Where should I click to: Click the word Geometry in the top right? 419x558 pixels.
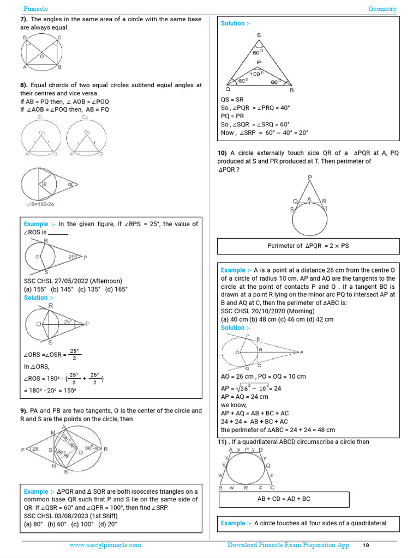[382, 9]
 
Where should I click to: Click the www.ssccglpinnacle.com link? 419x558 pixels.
[105, 545]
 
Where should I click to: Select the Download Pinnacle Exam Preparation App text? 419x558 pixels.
[288, 545]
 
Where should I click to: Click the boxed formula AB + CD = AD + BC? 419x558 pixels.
[283, 499]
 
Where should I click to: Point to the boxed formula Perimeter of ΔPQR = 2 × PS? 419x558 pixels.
[308, 246]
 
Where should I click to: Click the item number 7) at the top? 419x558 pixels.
[24, 19]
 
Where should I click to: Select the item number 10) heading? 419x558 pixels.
[223, 153]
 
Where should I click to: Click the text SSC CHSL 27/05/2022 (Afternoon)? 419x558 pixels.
[73, 281]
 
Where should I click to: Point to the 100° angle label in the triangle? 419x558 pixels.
[256, 74]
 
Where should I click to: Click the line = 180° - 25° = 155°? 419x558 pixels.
[50, 391]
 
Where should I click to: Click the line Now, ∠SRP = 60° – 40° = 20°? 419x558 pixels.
[265, 132]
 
